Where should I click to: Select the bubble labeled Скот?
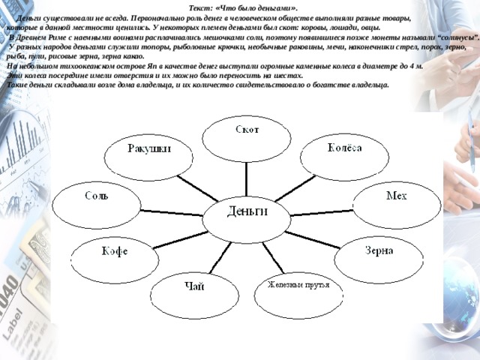pyautogui.click(x=247, y=139)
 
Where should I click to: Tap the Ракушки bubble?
pyautogui.click(x=148, y=157)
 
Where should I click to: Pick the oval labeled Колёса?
pyautogui.click(x=345, y=157)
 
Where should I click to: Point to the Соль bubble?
pyautogui.click(x=97, y=205)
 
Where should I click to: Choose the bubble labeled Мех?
pyautogui.click(x=397, y=205)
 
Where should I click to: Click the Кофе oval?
pyautogui.click(x=115, y=260)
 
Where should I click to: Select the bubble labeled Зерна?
pyautogui.click(x=379, y=260)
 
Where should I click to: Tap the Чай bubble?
pyautogui.click(x=195, y=295)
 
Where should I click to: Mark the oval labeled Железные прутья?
pyautogui.click(x=298, y=295)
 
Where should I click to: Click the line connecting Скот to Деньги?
pyautogui.click(x=247, y=179)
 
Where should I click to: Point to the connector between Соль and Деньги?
pyautogui.click(x=172, y=213)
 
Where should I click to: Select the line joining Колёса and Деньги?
pyautogui.click(x=295, y=188)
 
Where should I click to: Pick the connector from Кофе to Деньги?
pyautogui.click(x=181, y=240)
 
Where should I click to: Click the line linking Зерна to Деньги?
pyautogui.click(x=313, y=240)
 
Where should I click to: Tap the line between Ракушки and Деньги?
pyautogui.click(x=198, y=188)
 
